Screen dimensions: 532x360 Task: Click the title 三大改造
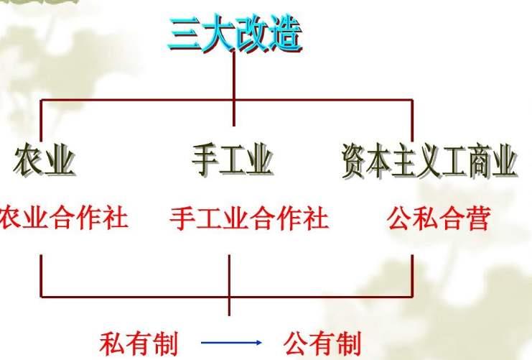[x=235, y=34]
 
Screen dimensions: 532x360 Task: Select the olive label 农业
[x=44, y=160]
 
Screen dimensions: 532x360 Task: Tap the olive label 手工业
[x=233, y=160]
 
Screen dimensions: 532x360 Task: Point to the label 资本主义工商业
[x=429, y=160]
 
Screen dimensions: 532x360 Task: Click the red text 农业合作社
[x=64, y=218]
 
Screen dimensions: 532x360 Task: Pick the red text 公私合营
[x=439, y=218]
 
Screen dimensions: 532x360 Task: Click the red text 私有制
[x=139, y=343]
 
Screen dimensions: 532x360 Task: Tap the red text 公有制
[x=322, y=343]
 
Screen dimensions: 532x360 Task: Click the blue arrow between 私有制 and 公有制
[x=231, y=342]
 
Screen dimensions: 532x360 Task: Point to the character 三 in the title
[x=185, y=34]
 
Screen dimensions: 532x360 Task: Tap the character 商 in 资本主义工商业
[x=480, y=160]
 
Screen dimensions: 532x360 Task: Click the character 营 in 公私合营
[x=478, y=218]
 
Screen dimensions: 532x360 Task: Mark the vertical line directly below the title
[x=234, y=89]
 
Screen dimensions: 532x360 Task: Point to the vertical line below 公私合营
[x=412, y=276]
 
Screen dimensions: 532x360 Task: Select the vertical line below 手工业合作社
[x=229, y=285]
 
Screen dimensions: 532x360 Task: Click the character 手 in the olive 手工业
[x=205, y=160]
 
